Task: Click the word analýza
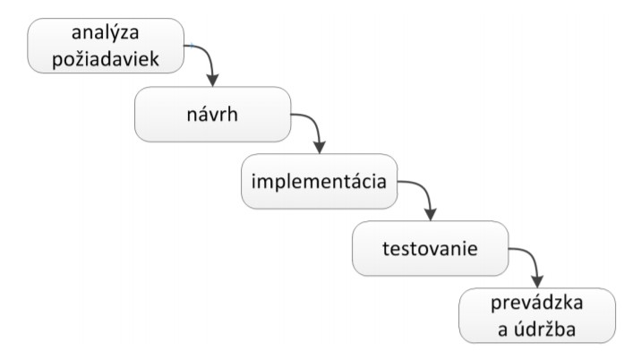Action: (x=105, y=32)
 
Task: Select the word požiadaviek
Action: (x=106, y=59)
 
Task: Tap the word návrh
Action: (x=212, y=114)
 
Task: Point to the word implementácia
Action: (x=319, y=181)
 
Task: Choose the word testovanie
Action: (x=430, y=249)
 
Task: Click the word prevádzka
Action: (x=537, y=304)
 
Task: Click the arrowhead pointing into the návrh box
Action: (x=212, y=81)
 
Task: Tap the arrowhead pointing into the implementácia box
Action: (x=320, y=148)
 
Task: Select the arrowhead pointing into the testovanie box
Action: (x=431, y=215)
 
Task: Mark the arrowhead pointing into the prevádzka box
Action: (x=537, y=282)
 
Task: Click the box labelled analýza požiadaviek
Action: (x=106, y=46)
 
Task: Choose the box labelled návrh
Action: (x=212, y=114)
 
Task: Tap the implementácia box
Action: (x=320, y=181)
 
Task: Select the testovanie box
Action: (x=431, y=248)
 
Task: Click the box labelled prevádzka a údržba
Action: (x=537, y=315)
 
